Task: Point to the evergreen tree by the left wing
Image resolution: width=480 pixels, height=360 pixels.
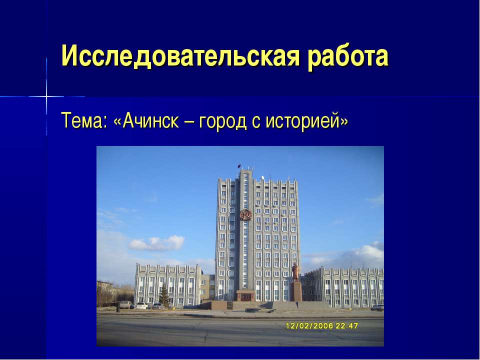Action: (163, 295)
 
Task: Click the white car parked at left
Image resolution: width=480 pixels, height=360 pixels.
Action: (142, 305)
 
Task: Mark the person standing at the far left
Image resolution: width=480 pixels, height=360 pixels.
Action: (118, 306)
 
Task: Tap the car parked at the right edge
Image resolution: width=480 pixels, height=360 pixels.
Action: (377, 307)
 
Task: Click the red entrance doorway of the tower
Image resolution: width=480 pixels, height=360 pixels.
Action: (244, 296)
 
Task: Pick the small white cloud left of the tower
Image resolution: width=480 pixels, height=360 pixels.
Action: (155, 243)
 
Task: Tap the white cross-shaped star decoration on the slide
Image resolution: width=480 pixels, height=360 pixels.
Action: (46, 95)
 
